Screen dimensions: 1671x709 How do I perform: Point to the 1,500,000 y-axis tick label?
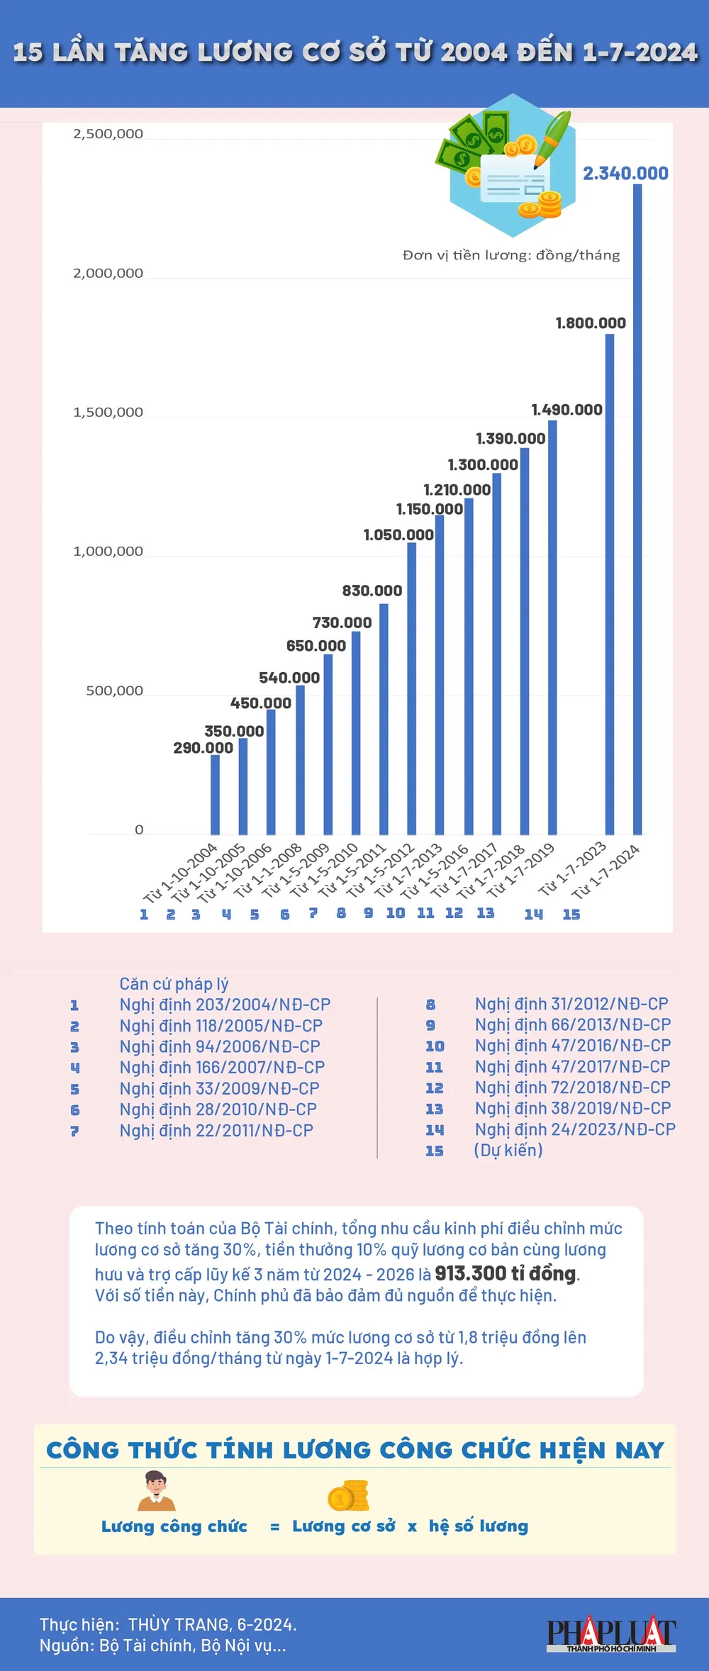(x=108, y=413)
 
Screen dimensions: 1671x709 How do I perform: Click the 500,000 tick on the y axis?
(x=114, y=691)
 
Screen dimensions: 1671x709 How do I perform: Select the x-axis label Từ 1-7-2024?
(x=607, y=871)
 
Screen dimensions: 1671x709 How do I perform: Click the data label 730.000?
(x=342, y=622)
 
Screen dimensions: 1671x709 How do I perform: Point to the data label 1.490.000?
(x=566, y=410)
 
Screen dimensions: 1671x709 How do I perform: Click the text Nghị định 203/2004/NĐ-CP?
(x=225, y=1005)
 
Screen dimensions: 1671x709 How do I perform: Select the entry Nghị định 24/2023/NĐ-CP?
(x=575, y=1129)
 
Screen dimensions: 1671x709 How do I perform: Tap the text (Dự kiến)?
(x=508, y=1150)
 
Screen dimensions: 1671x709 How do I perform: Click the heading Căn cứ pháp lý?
(x=174, y=984)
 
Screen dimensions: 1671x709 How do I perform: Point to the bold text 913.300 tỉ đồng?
(x=506, y=1273)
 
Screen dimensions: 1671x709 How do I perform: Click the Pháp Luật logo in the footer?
(x=610, y=1633)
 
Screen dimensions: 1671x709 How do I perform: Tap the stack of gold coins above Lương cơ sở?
(x=347, y=1496)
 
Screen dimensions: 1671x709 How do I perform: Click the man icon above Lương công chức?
(x=156, y=1490)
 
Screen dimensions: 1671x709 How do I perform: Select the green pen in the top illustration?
(x=553, y=138)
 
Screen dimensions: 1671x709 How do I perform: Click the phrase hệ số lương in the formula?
(x=479, y=1526)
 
